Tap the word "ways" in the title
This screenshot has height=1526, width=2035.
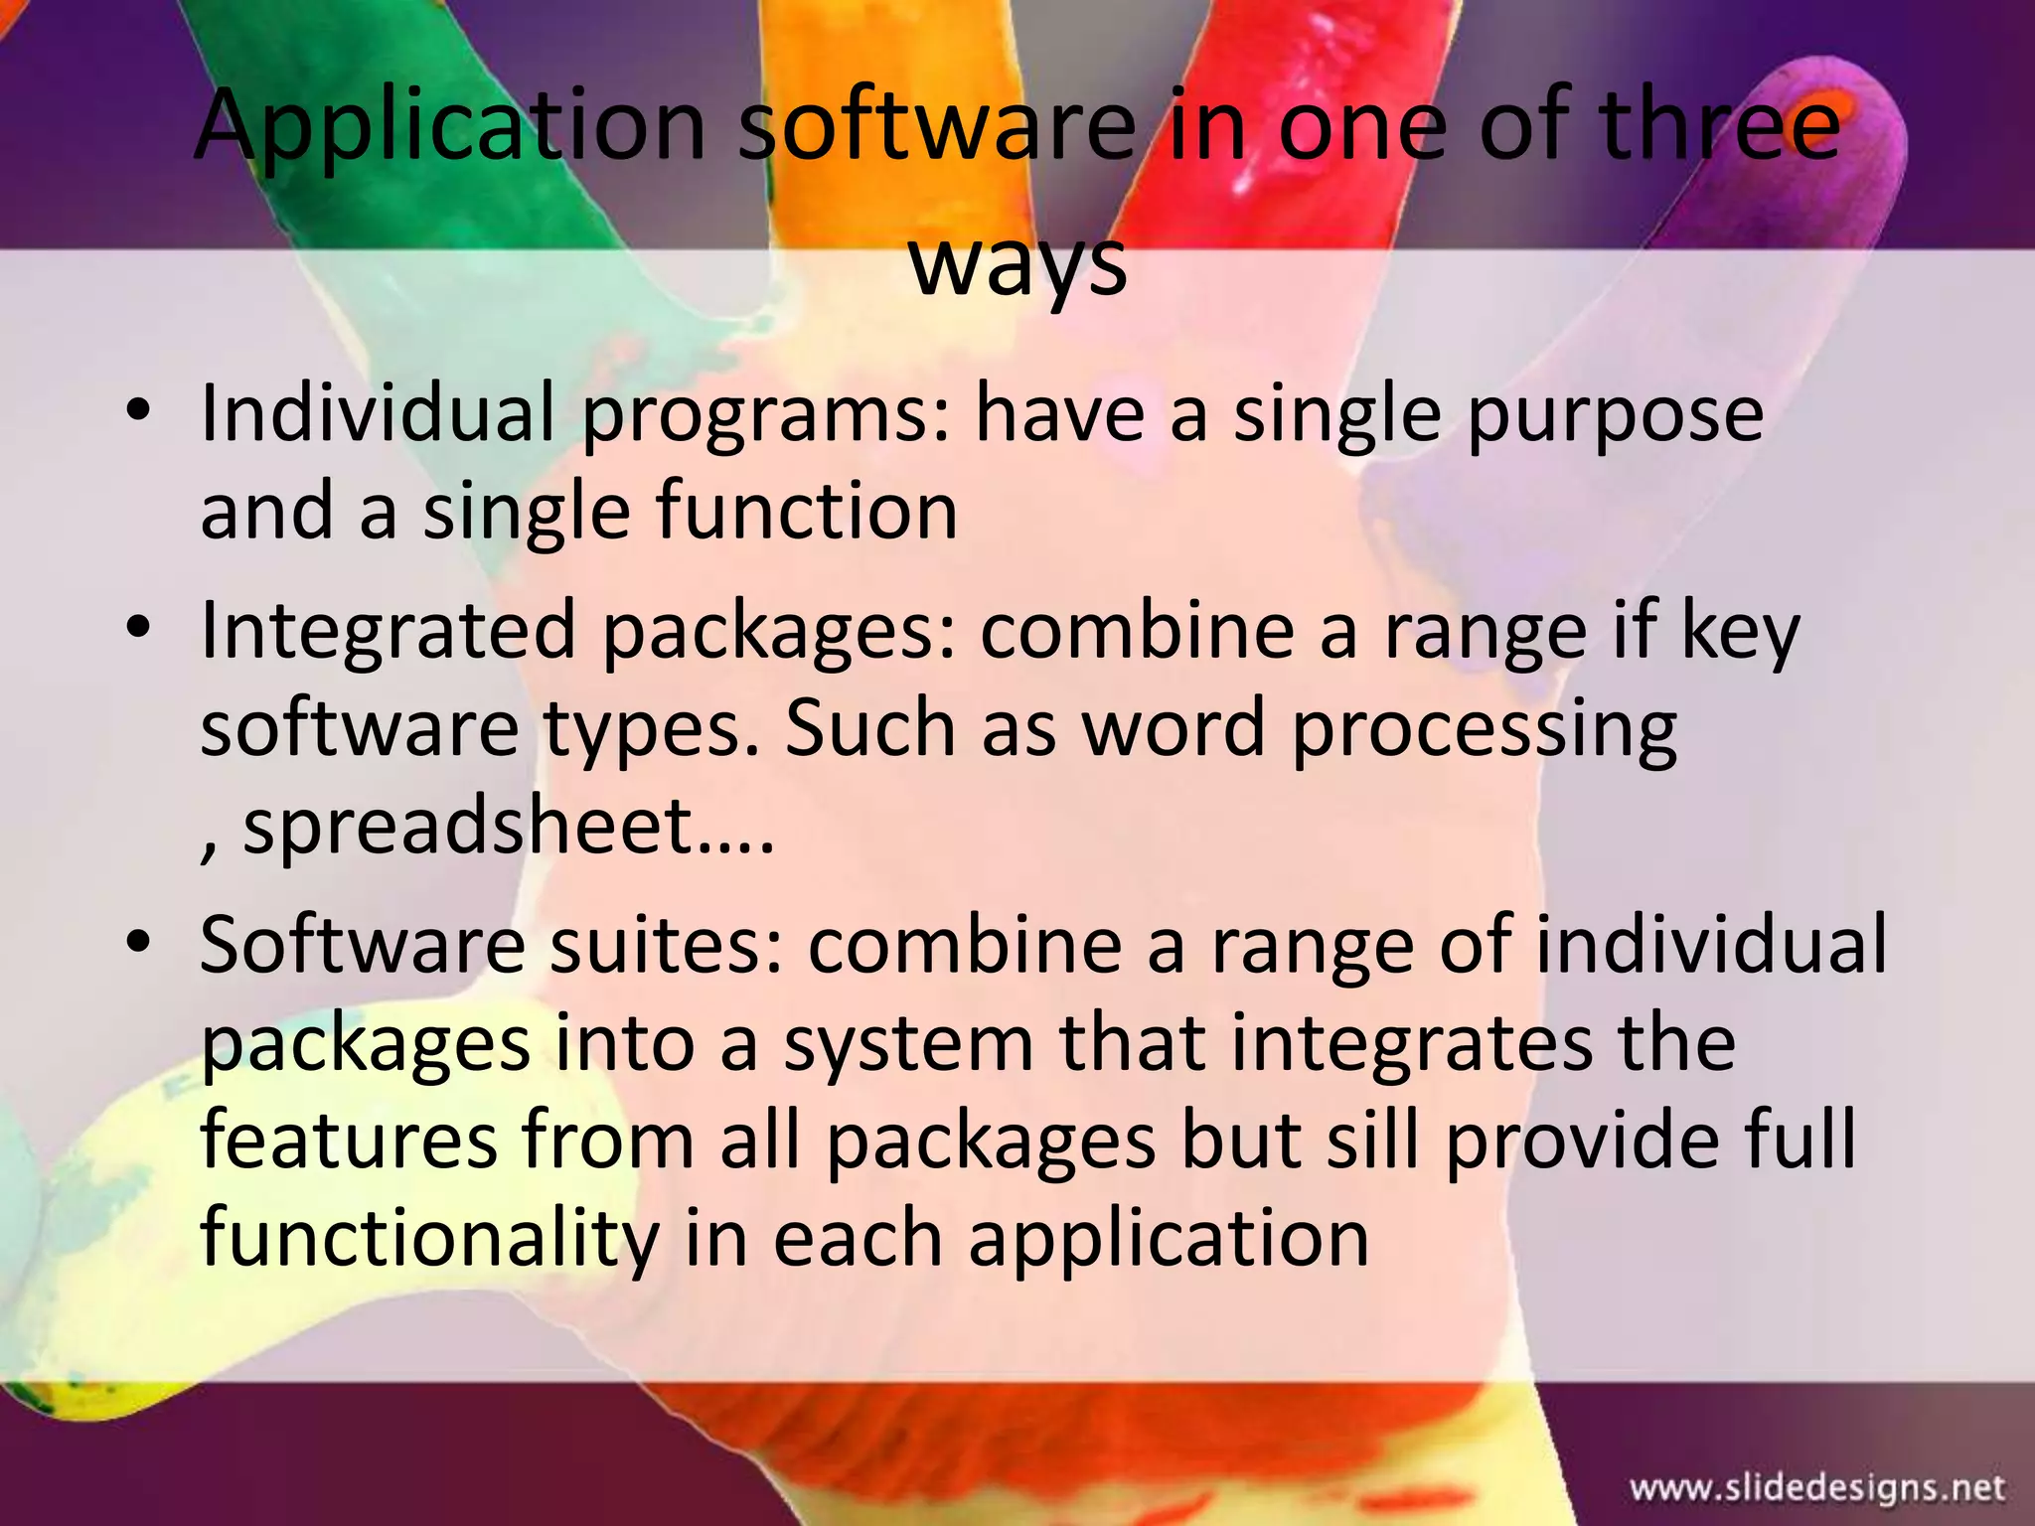click(x=1018, y=264)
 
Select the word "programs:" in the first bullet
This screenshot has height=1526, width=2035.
click(x=766, y=415)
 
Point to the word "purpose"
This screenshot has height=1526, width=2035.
click(x=1615, y=415)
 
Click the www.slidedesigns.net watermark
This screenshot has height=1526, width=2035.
click(x=1817, y=1487)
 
